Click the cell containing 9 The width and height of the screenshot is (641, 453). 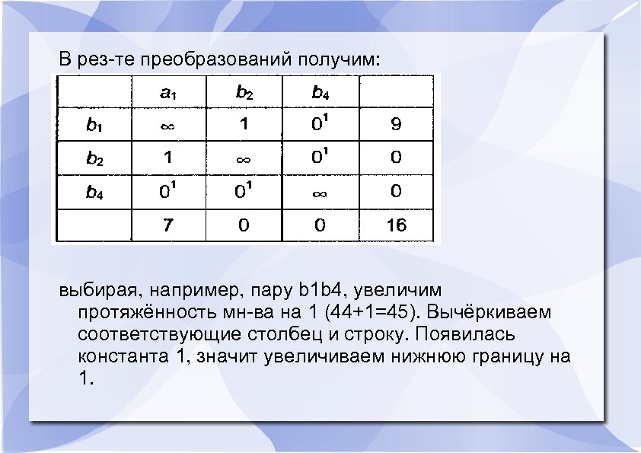[x=396, y=125]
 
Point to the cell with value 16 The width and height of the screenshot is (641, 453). [x=396, y=225]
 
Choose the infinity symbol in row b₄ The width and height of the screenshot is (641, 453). [x=320, y=192]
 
